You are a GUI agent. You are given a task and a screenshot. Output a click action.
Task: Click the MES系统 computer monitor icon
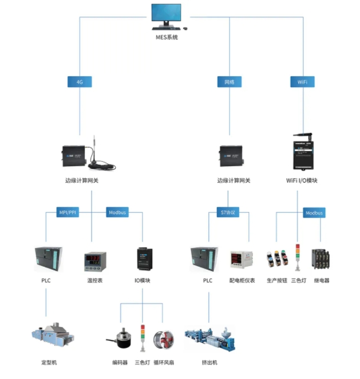167,17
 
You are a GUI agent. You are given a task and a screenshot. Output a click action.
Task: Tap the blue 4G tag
80,82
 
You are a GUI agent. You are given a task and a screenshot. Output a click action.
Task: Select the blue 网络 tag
229,82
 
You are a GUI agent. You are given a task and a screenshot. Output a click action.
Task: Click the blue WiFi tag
302,82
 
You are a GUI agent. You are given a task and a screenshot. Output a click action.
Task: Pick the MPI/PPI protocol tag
68,212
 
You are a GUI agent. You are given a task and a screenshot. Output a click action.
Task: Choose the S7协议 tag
228,212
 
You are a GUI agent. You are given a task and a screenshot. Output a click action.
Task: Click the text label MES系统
167,37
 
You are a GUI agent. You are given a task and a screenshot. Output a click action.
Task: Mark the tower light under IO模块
143,337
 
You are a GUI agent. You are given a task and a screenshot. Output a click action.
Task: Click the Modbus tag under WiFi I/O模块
314,212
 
